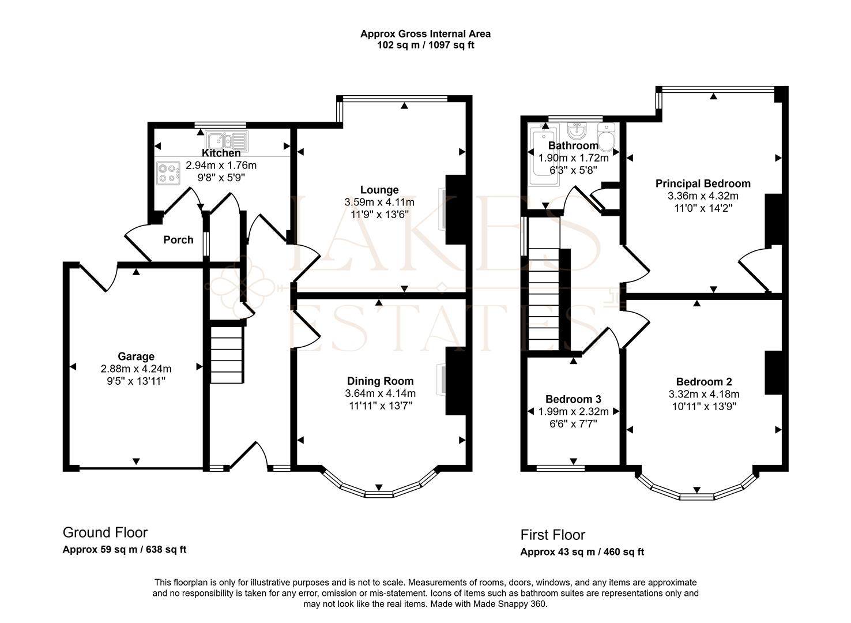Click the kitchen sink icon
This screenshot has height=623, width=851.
[227, 140]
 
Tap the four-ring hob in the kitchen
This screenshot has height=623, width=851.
[168, 173]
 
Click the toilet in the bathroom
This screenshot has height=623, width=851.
[607, 137]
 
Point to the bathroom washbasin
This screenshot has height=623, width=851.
[577, 130]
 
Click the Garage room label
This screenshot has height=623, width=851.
[136, 356]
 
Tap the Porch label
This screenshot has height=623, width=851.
[178, 240]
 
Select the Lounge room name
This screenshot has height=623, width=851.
[379, 190]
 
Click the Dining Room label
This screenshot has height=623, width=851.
[380, 381]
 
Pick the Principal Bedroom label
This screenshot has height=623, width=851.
[703, 183]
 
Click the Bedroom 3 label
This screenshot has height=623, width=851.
[573, 399]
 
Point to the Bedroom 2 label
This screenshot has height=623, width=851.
[704, 382]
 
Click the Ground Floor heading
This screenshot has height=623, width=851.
[105, 532]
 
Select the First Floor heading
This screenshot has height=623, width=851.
[552, 535]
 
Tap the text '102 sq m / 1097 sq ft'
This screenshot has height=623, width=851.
[425, 45]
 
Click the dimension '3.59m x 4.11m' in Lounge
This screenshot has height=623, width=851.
[379, 202]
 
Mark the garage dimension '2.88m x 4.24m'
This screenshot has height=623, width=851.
[136, 369]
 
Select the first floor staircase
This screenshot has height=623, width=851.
[544, 300]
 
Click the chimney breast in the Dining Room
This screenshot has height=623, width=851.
[455, 381]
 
